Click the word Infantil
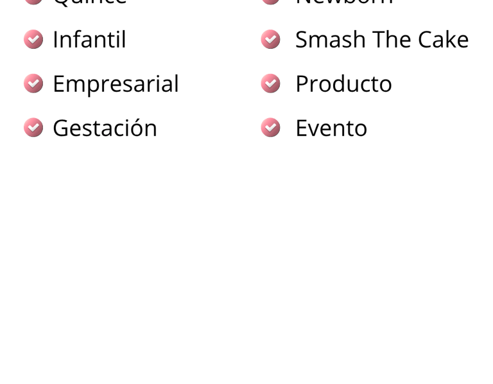coord(89,40)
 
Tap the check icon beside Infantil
coord(33,39)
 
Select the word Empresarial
coord(116,84)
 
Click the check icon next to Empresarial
coord(33,83)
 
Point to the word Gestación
coord(105,128)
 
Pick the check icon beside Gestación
coord(33,128)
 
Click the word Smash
coord(330,40)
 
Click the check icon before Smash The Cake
coord(270,39)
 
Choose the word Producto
coord(343,84)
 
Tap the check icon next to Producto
coord(270,83)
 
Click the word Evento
coord(331,128)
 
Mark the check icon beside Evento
coord(270,128)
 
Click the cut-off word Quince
coord(90,2)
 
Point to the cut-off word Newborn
coord(344,2)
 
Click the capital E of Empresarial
coord(58,84)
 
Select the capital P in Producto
coord(301,84)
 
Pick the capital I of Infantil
coord(55,40)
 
